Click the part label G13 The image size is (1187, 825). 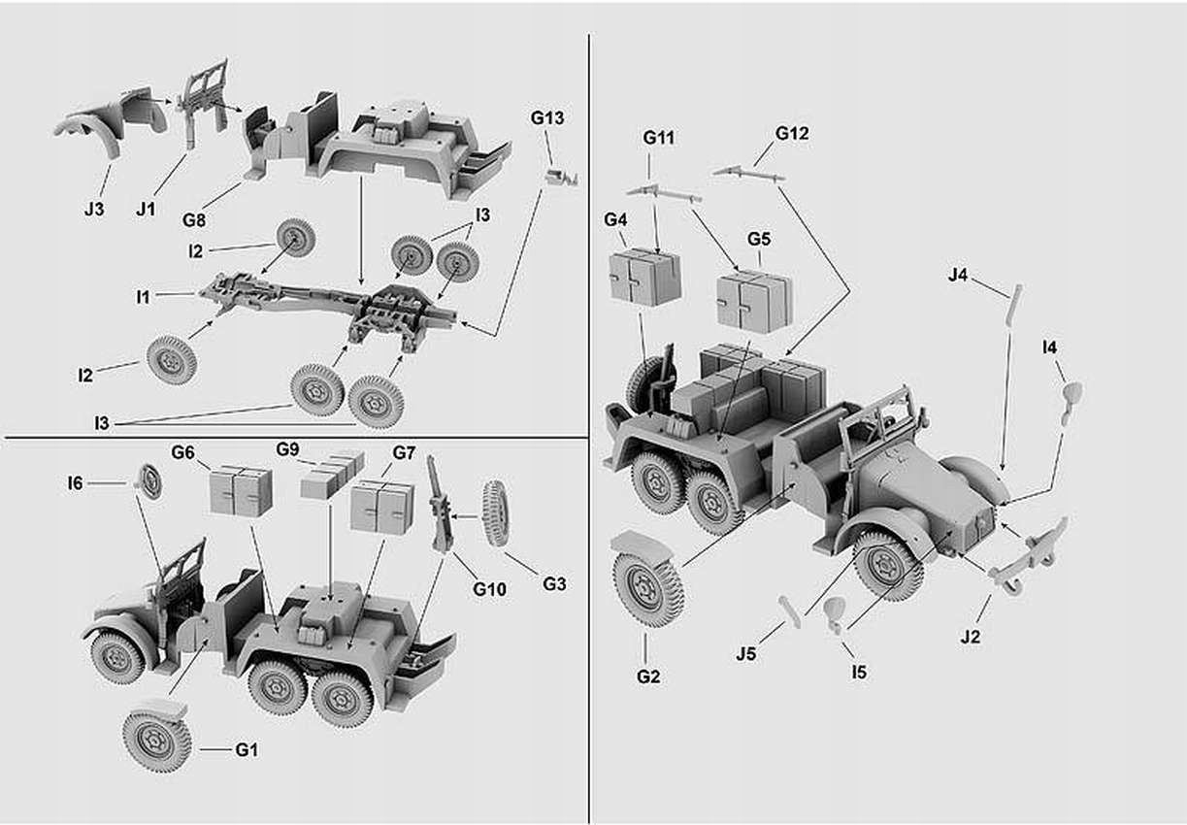(547, 117)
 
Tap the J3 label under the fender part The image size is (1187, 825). (93, 209)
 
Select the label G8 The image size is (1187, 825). (194, 220)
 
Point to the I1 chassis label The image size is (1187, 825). (143, 297)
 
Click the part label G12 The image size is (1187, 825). (792, 133)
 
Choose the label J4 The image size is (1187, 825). (958, 276)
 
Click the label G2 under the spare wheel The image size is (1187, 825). (648, 676)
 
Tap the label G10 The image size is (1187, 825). (490, 588)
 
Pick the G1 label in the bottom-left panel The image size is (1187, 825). (247, 749)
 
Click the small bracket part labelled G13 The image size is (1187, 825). (561, 177)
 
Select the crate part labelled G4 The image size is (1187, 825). (644, 278)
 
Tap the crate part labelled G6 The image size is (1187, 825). (241, 491)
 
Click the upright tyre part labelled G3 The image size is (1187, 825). (495, 513)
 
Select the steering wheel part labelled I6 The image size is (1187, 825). (149, 481)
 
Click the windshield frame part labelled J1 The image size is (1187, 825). (206, 102)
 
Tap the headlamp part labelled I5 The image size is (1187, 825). (834, 613)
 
